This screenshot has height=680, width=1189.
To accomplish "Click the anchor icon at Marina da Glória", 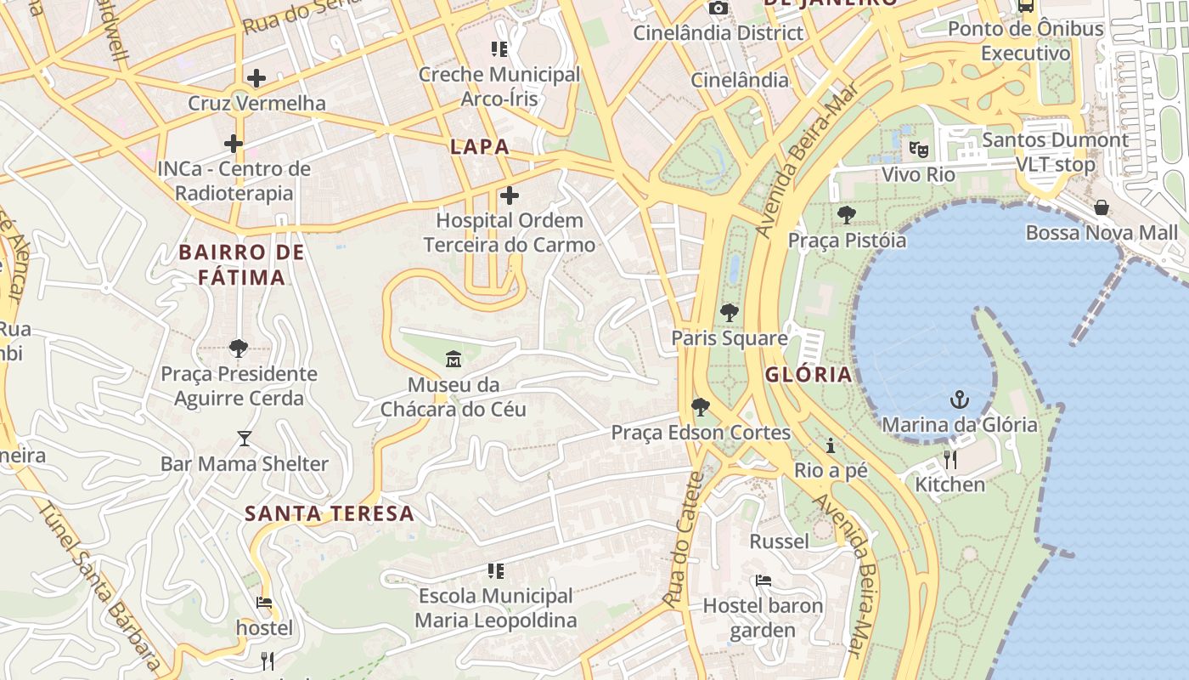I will [960, 399].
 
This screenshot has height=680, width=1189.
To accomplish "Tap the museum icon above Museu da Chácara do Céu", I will [454, 360].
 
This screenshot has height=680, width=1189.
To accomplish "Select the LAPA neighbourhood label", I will [480, 146].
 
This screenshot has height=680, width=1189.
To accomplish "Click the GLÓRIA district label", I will [808, 375].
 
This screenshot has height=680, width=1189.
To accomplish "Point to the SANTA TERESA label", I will [330, 513].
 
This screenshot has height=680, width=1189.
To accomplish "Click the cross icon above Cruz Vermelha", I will [256, 78].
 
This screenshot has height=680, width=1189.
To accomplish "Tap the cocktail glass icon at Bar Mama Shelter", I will [245, 439].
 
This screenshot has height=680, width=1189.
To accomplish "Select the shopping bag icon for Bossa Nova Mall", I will [1102, 207].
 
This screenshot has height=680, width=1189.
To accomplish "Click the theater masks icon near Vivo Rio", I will [918, 150].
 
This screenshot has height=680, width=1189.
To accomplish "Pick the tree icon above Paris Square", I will [729, 313].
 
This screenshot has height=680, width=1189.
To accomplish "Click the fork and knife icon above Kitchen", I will [950, 460].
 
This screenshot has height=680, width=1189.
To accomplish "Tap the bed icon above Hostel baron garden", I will [764, 581].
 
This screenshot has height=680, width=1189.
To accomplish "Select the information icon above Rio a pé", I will [831, 445].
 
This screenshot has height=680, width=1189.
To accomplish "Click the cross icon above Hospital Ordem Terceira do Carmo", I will [509, 196].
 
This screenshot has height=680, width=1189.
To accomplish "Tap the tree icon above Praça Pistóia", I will [846, 215].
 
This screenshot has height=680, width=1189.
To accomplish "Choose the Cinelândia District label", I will [718, 33].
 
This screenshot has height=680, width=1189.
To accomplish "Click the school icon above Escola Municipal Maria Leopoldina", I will [496, 570].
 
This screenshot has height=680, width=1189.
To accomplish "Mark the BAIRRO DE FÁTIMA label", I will [242, 264].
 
